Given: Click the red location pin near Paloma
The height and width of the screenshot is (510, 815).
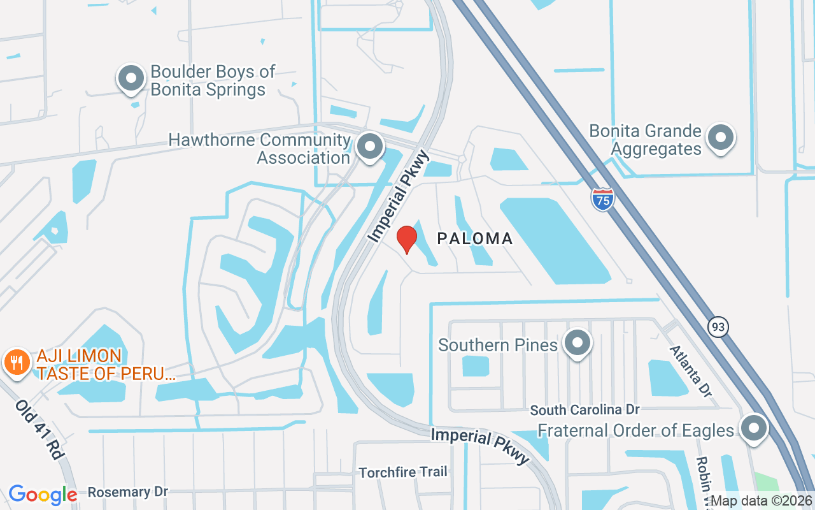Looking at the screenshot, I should (x=407, y=240).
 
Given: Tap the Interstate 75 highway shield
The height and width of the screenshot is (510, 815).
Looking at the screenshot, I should (x=602, y=199).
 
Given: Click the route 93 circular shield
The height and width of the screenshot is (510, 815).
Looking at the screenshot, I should (x=718, y=327).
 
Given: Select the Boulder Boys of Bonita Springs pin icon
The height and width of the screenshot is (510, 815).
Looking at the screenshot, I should (x=132, y=79).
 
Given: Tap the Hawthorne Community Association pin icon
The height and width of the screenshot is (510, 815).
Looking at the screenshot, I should (x=369, y=147).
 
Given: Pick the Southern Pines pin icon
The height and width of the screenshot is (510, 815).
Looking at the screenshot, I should (x=578, y=344).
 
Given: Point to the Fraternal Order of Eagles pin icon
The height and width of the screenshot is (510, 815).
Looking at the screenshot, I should (x=754, y=428).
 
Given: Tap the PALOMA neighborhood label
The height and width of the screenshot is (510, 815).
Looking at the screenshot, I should (x=475, y=239).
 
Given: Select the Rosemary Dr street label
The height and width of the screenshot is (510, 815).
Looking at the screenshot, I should (x=127, y=492).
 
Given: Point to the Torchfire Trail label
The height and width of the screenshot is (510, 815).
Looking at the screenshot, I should (x=403, y=472).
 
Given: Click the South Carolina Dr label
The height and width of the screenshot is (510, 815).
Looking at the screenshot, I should (x=585, y=409).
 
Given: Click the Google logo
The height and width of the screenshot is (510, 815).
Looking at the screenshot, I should (x=42, y=494).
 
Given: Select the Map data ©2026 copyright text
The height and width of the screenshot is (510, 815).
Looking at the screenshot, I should (x=761, y=501).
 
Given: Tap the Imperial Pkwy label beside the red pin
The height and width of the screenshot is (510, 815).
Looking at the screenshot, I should (x=399, y=197).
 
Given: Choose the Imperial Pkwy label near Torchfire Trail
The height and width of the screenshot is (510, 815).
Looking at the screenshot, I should (x=480, y=445).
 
